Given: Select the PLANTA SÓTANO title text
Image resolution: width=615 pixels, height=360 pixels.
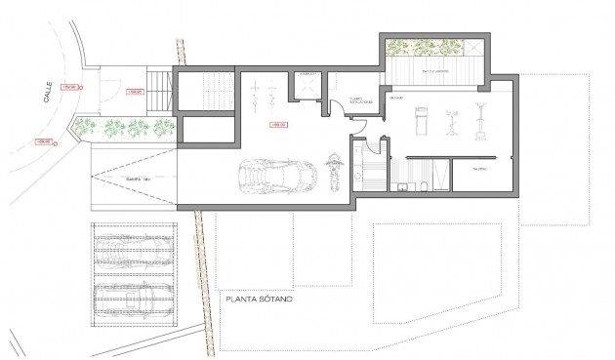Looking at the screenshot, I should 262,300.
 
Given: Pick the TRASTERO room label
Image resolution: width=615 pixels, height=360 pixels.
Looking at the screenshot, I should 479,169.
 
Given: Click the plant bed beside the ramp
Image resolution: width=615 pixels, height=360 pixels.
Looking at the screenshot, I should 127,127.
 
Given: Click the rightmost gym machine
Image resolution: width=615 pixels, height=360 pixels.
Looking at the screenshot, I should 480,121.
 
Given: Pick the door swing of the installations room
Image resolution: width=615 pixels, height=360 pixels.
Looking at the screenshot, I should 356,122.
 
